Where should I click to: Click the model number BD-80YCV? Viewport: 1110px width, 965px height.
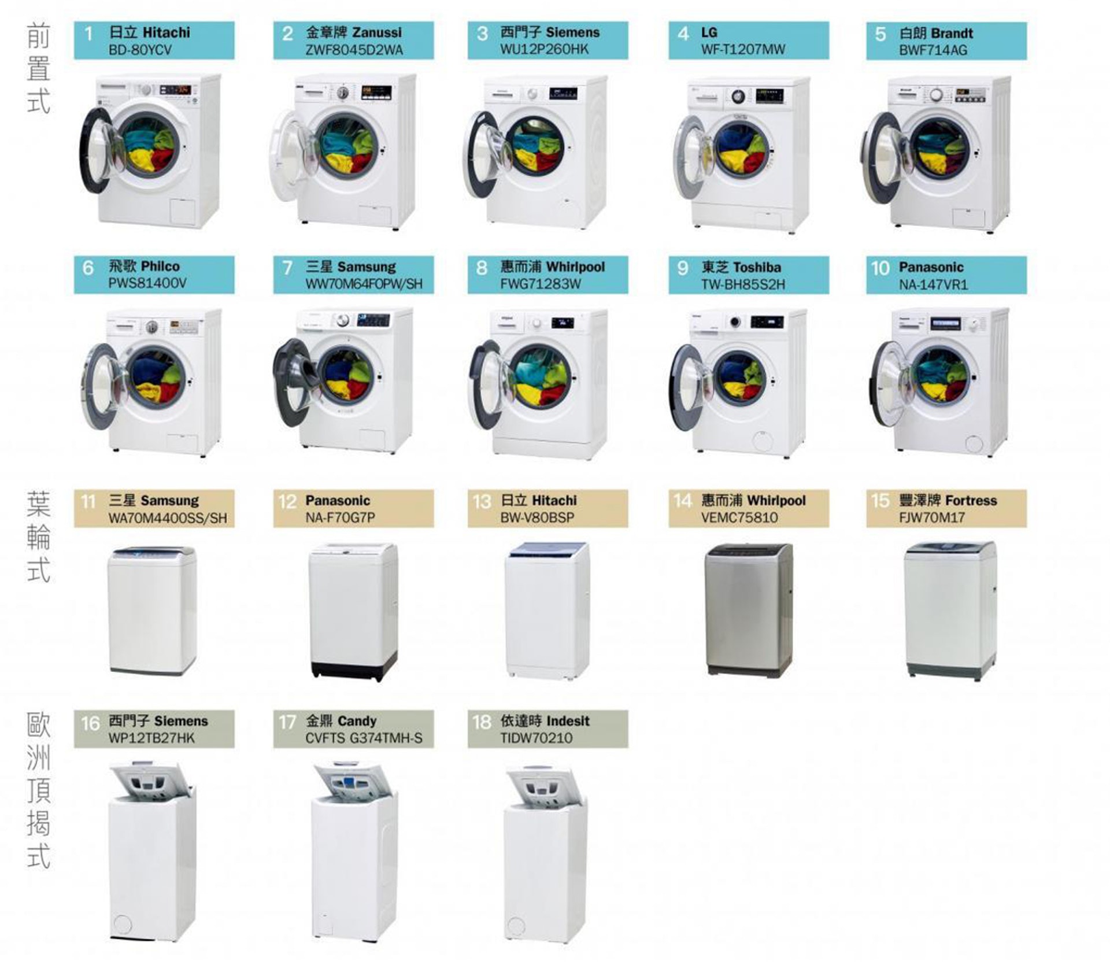(x=140, y=50)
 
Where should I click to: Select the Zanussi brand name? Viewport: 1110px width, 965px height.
(x=376, y=32)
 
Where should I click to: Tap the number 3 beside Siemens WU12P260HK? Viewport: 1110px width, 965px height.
(x=482, y=34)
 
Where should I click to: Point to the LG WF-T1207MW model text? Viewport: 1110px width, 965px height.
(x=743, y=50)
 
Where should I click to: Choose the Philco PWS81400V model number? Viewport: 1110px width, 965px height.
(x=147, y=283)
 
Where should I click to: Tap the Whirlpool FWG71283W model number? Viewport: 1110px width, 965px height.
(x=540, y=284)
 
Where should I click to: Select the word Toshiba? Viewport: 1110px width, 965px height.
(x=757, y=267)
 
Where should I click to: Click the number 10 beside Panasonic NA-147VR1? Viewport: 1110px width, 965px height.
(x=880, y=268)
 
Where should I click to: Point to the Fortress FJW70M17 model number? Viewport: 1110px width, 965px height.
(x=931, y=517)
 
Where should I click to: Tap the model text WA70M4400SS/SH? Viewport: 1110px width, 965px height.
(x=168, y=518)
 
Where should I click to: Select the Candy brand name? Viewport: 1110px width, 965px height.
(x=357, y=721)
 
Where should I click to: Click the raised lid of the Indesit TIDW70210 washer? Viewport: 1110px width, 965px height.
(x=543, y=784)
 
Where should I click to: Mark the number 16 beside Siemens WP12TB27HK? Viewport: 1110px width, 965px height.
(x=90, y=723)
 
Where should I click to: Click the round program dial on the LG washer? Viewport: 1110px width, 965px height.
(x=738, y=97)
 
